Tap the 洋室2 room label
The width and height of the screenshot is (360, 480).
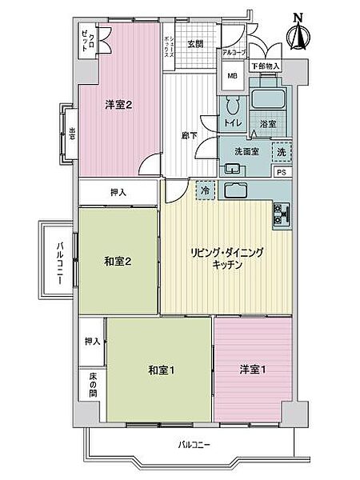pos(118,103)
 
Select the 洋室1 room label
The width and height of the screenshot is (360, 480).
pos(252,370)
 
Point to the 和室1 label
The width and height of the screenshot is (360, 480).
pos(162,370)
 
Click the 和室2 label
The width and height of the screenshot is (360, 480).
pos(117,260)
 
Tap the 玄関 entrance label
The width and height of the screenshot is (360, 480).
pos(195,45)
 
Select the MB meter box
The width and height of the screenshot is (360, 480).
pos(233,77)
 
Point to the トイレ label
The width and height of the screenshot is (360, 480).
pos(234,123)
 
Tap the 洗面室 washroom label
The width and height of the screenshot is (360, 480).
pos(246,151)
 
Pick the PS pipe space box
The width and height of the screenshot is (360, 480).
pos(282,171)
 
